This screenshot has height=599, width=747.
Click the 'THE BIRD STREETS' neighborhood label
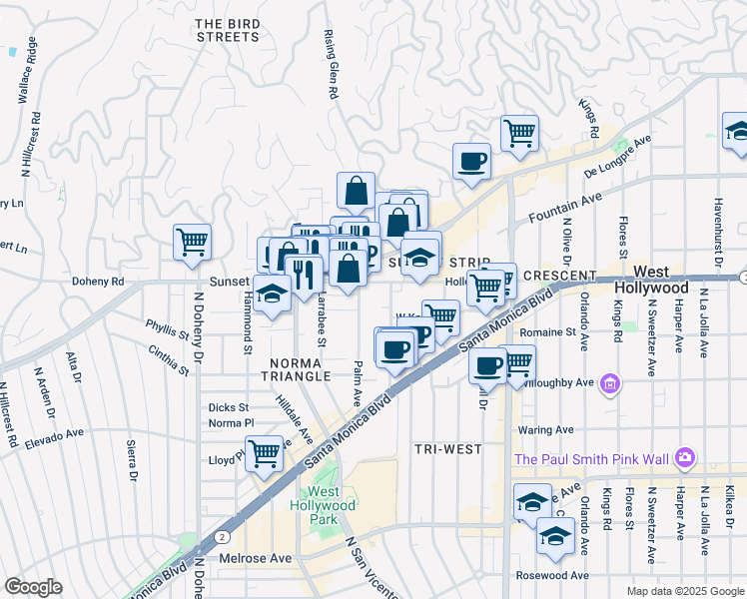[227, 30]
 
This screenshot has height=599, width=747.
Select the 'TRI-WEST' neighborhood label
[448, 449]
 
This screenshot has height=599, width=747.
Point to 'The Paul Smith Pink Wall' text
[592, 459]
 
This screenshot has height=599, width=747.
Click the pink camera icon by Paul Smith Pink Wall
[685, 458]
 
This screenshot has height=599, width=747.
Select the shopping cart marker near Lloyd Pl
[264, 454]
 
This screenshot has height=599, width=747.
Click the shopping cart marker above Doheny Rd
[191, 241]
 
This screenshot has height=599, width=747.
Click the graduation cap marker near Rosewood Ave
[554, 536]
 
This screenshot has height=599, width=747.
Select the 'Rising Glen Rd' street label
[329, 64]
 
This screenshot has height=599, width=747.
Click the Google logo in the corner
[33, 587]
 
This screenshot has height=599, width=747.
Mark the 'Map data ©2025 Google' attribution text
[684, 591]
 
